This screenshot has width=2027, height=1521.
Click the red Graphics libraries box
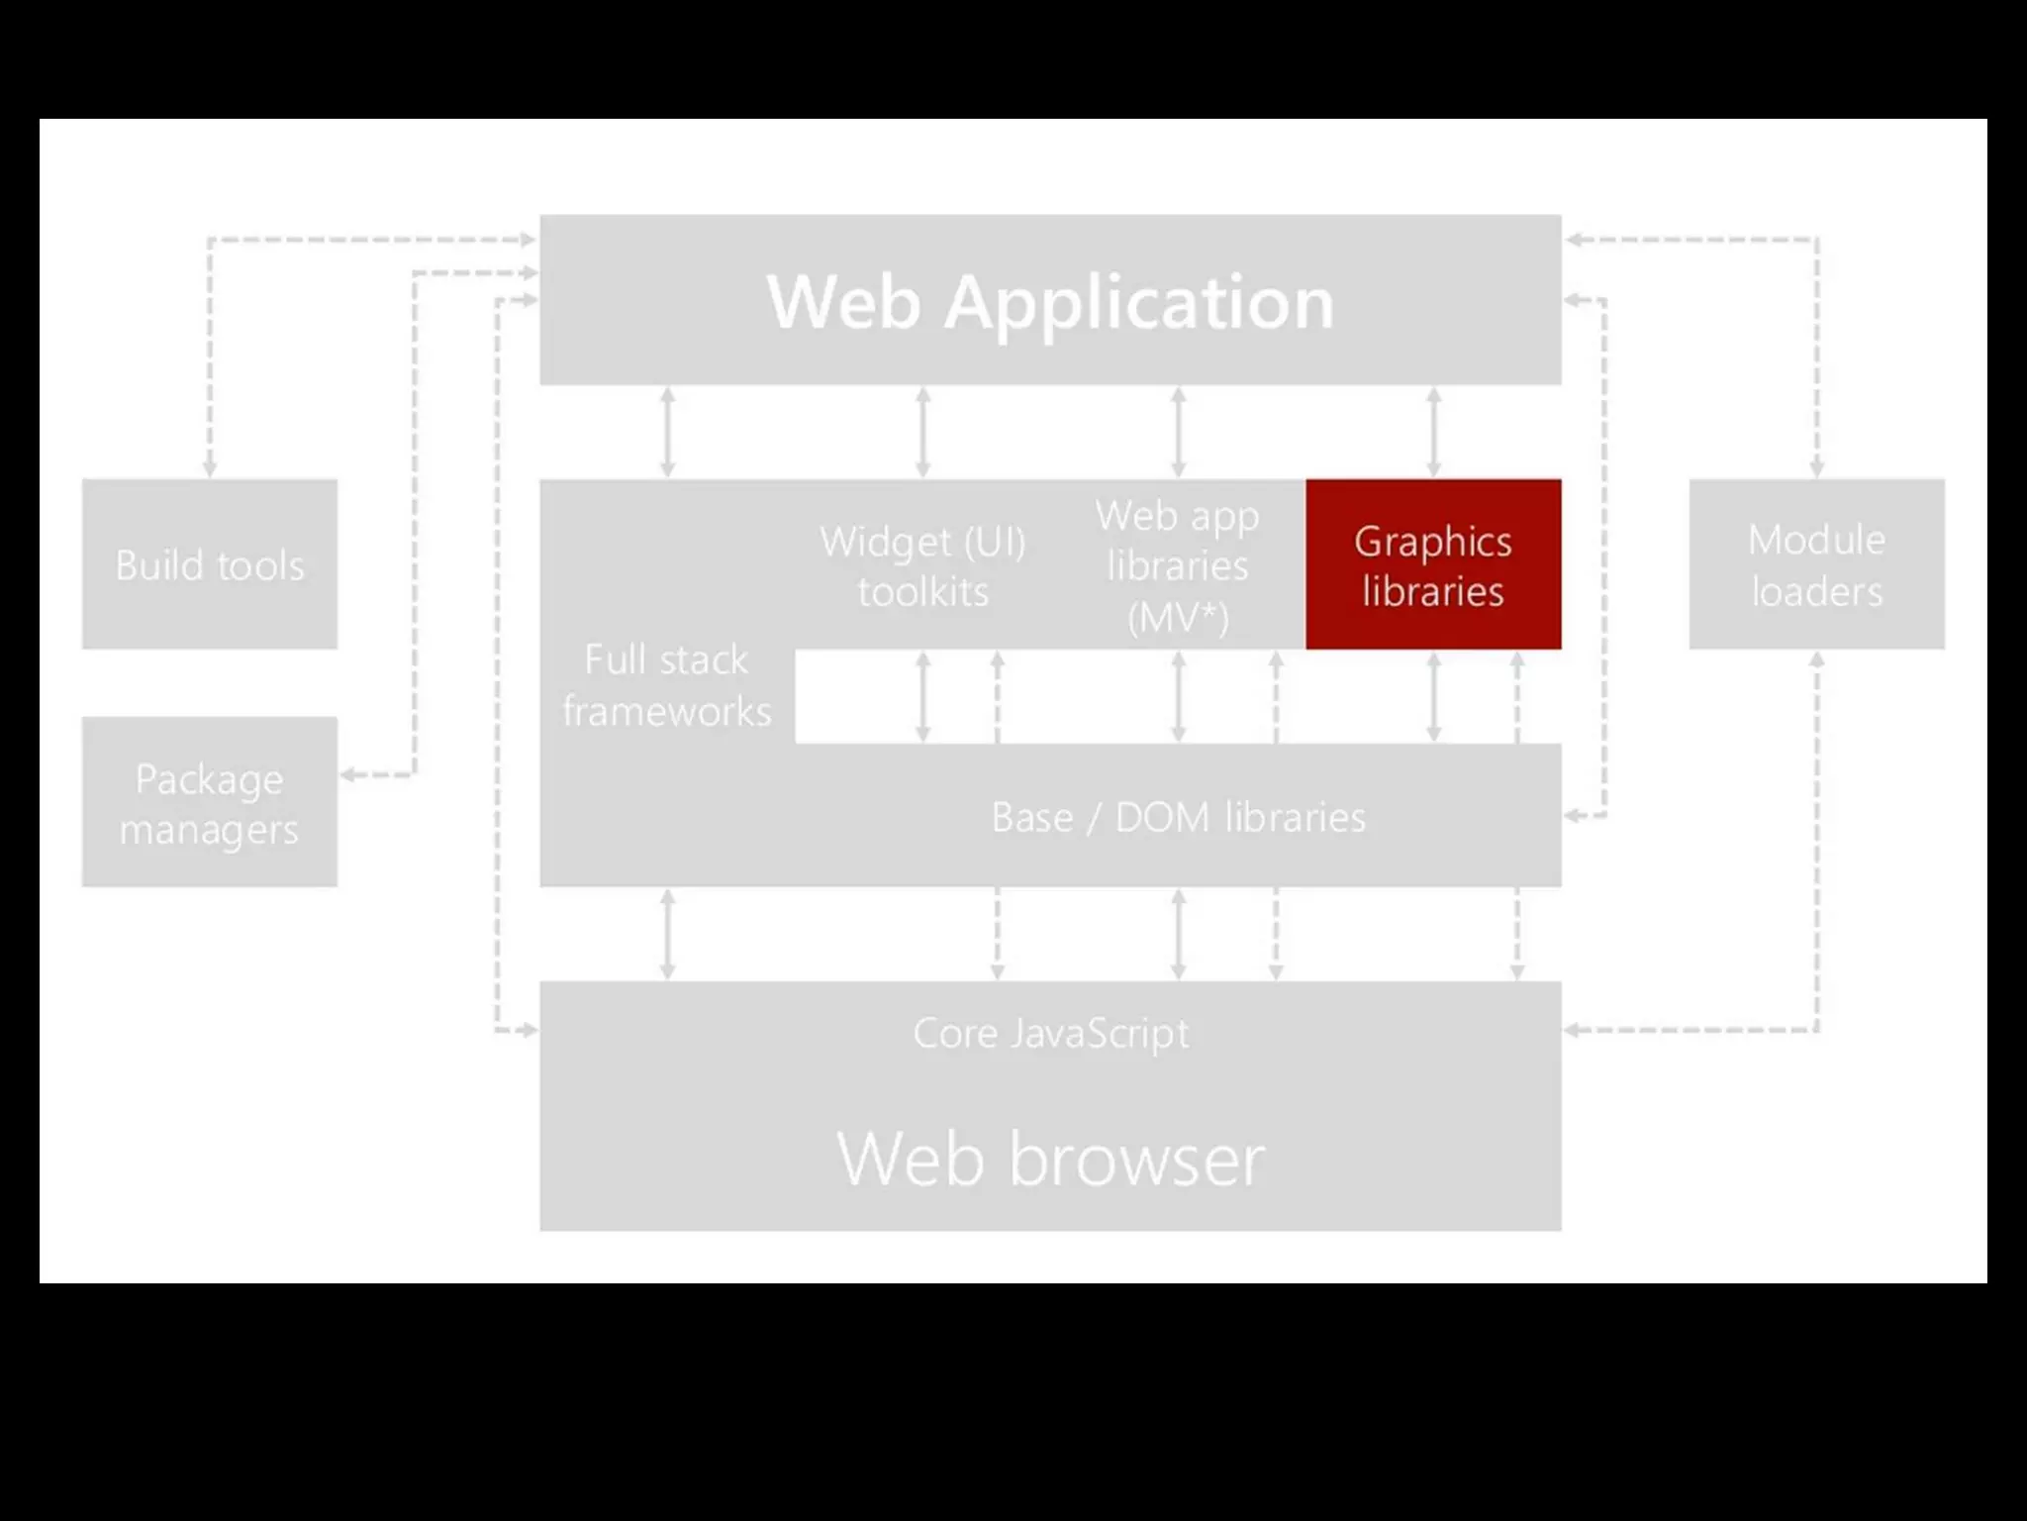pyautogui.click(x=1433, y=564)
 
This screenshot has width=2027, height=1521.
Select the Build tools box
pyautogui.click(x=210, y=564)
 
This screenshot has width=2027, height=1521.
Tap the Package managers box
pyautogui.click(x=210, y=802)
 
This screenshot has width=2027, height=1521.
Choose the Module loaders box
pyautogui.click(x=1816, y=564)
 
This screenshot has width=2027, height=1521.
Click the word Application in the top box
pyautogui.click(x=1138, y=302)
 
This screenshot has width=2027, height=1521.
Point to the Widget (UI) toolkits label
pyautogui.click(x=922, y=565)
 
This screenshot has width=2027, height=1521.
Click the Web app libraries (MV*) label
pyautogui.click(x=1178, y=565)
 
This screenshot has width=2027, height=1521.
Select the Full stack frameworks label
pyautogui.click(x=666, y=685)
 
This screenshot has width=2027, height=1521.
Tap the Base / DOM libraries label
pyautogui.click(x=1178, y=818)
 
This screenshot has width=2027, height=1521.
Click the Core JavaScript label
pyautogui.click(x=1050, y=1033)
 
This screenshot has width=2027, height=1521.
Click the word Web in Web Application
pyautogui.click(x=844, y=302)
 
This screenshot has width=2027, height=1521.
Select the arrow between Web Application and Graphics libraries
pyautogui.click(x=1433, y=432)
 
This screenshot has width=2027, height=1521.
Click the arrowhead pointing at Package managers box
pyautogui.click(x=348, y=774)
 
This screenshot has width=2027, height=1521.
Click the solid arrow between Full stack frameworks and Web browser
pyautogui.click(x=668, y=934)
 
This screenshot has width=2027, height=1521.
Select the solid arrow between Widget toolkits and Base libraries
pyautogui.click(x=922, y=696)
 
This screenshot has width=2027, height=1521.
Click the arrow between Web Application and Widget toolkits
pyautogui.click(x=922, y=432)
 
